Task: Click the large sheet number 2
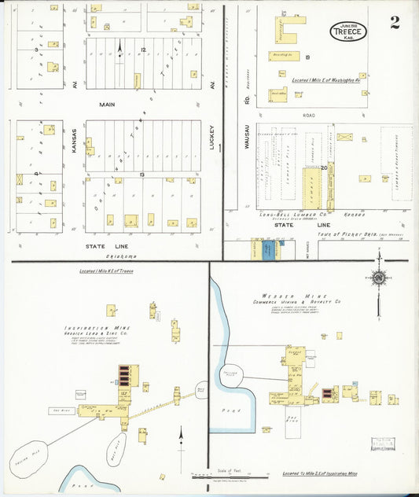point(394,22)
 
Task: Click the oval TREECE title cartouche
point(348,31)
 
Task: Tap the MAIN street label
point(108,104)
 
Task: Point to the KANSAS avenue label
point(74,138)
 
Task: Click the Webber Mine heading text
point(291,295)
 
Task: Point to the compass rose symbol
point(378,277)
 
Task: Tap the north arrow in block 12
point(119,51)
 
